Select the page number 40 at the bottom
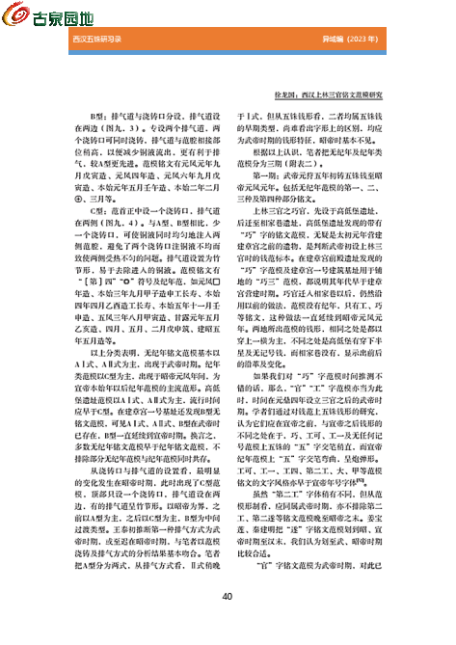coord(228,596)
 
